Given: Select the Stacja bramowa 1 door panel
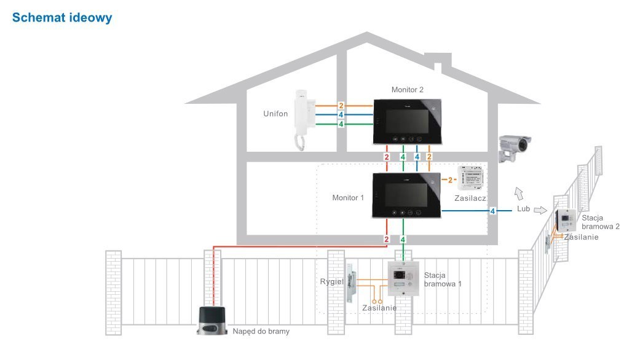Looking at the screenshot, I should click(x=403, y=280).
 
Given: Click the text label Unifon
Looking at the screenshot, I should click(x=275, y=114).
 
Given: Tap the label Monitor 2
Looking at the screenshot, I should click(x=408, y=90).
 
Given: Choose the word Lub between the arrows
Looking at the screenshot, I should click(x=523, y=209).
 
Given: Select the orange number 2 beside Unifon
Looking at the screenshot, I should click(x=341, y=106).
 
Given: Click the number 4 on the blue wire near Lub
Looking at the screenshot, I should click(x=492, y=211).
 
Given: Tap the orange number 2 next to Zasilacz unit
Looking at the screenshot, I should click(x=450, y=179).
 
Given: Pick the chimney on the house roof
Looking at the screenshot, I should click(x=442, y=65).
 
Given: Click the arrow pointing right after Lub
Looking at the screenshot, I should click(x=539, y=210).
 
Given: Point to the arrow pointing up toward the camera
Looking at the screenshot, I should click(x=518, y=193).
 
